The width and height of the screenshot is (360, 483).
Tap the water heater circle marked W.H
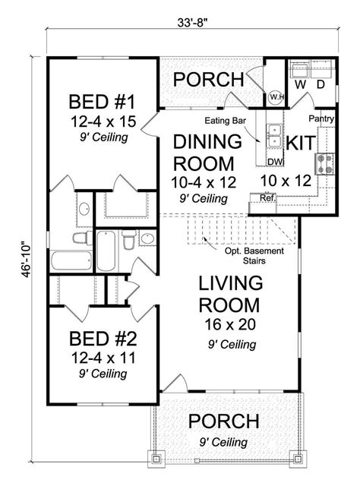tap(276, 96)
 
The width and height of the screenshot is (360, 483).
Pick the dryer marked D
tap(321, 84)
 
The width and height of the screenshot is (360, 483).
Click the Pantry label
tap(321, 119)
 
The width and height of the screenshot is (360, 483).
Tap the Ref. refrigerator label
tap(267, 199)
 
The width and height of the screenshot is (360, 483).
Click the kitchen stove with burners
tap(324, 162)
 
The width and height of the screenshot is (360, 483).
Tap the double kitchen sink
tap(275, 137)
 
